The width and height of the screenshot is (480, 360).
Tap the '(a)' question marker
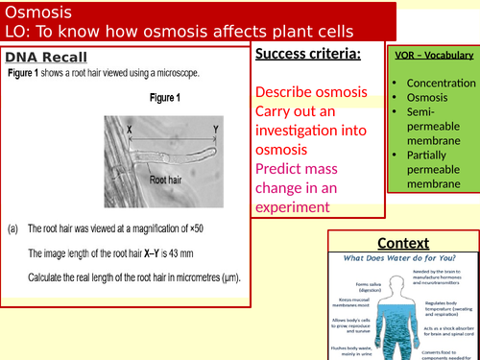(x=13, y=228)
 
